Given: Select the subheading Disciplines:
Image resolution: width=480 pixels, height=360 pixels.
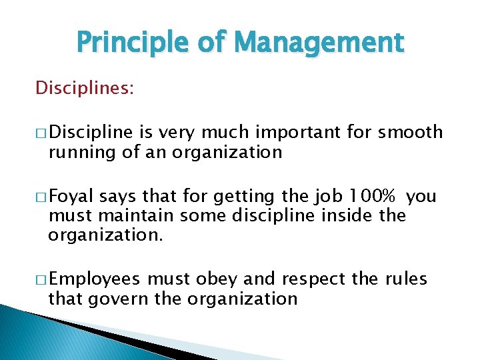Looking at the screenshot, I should tap(85, 88).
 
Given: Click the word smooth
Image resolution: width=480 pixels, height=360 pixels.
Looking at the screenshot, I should tap(410, 132).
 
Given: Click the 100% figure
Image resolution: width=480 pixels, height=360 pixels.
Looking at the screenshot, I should tap(374, 196).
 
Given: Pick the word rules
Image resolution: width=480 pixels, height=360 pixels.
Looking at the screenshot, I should tap(406, 279).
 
